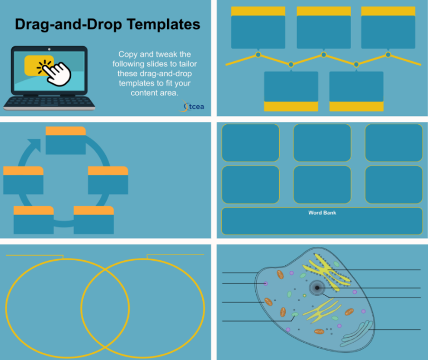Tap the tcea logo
[191, 106]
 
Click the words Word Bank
[322, 213]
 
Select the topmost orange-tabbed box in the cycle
[66, 140]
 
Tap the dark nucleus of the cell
[317, 288]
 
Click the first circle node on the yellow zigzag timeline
[258, 55]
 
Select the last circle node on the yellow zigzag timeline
[388, 55]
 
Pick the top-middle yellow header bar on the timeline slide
[323, 11]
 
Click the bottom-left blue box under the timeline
[291, 86]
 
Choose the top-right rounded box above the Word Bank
[393, 143]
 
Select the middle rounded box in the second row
[322, 184]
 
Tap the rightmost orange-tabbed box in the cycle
[108, 180]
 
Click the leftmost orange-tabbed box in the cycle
[23, 180]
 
